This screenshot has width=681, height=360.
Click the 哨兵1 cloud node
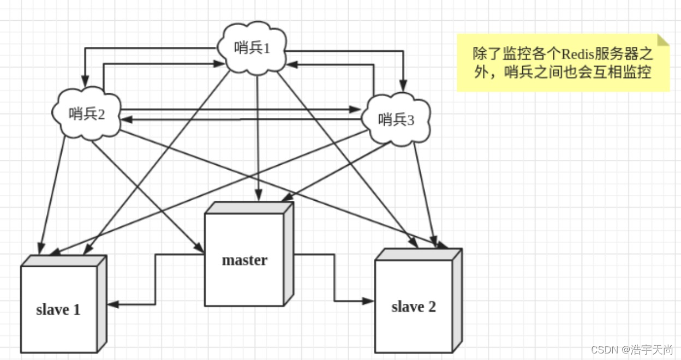252,47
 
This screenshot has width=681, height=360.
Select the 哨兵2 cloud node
86,113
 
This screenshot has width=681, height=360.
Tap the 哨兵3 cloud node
396,119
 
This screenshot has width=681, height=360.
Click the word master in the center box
244,260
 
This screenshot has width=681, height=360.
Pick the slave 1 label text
58,310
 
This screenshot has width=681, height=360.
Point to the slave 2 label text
414,307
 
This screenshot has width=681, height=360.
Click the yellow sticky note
562,63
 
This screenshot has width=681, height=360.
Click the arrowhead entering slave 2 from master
369,300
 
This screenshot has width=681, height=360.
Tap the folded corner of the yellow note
663,40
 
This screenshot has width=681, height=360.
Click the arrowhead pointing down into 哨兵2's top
84,82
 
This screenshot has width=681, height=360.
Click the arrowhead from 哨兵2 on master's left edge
200,249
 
